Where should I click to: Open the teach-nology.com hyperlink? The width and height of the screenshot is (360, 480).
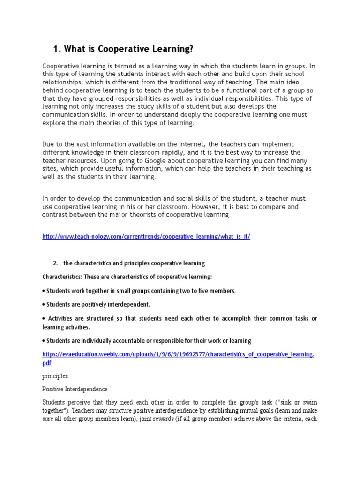pos(146,237)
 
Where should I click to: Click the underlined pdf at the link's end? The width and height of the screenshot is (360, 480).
pos(47,363)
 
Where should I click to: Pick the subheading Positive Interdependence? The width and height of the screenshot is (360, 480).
pos(75,389)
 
